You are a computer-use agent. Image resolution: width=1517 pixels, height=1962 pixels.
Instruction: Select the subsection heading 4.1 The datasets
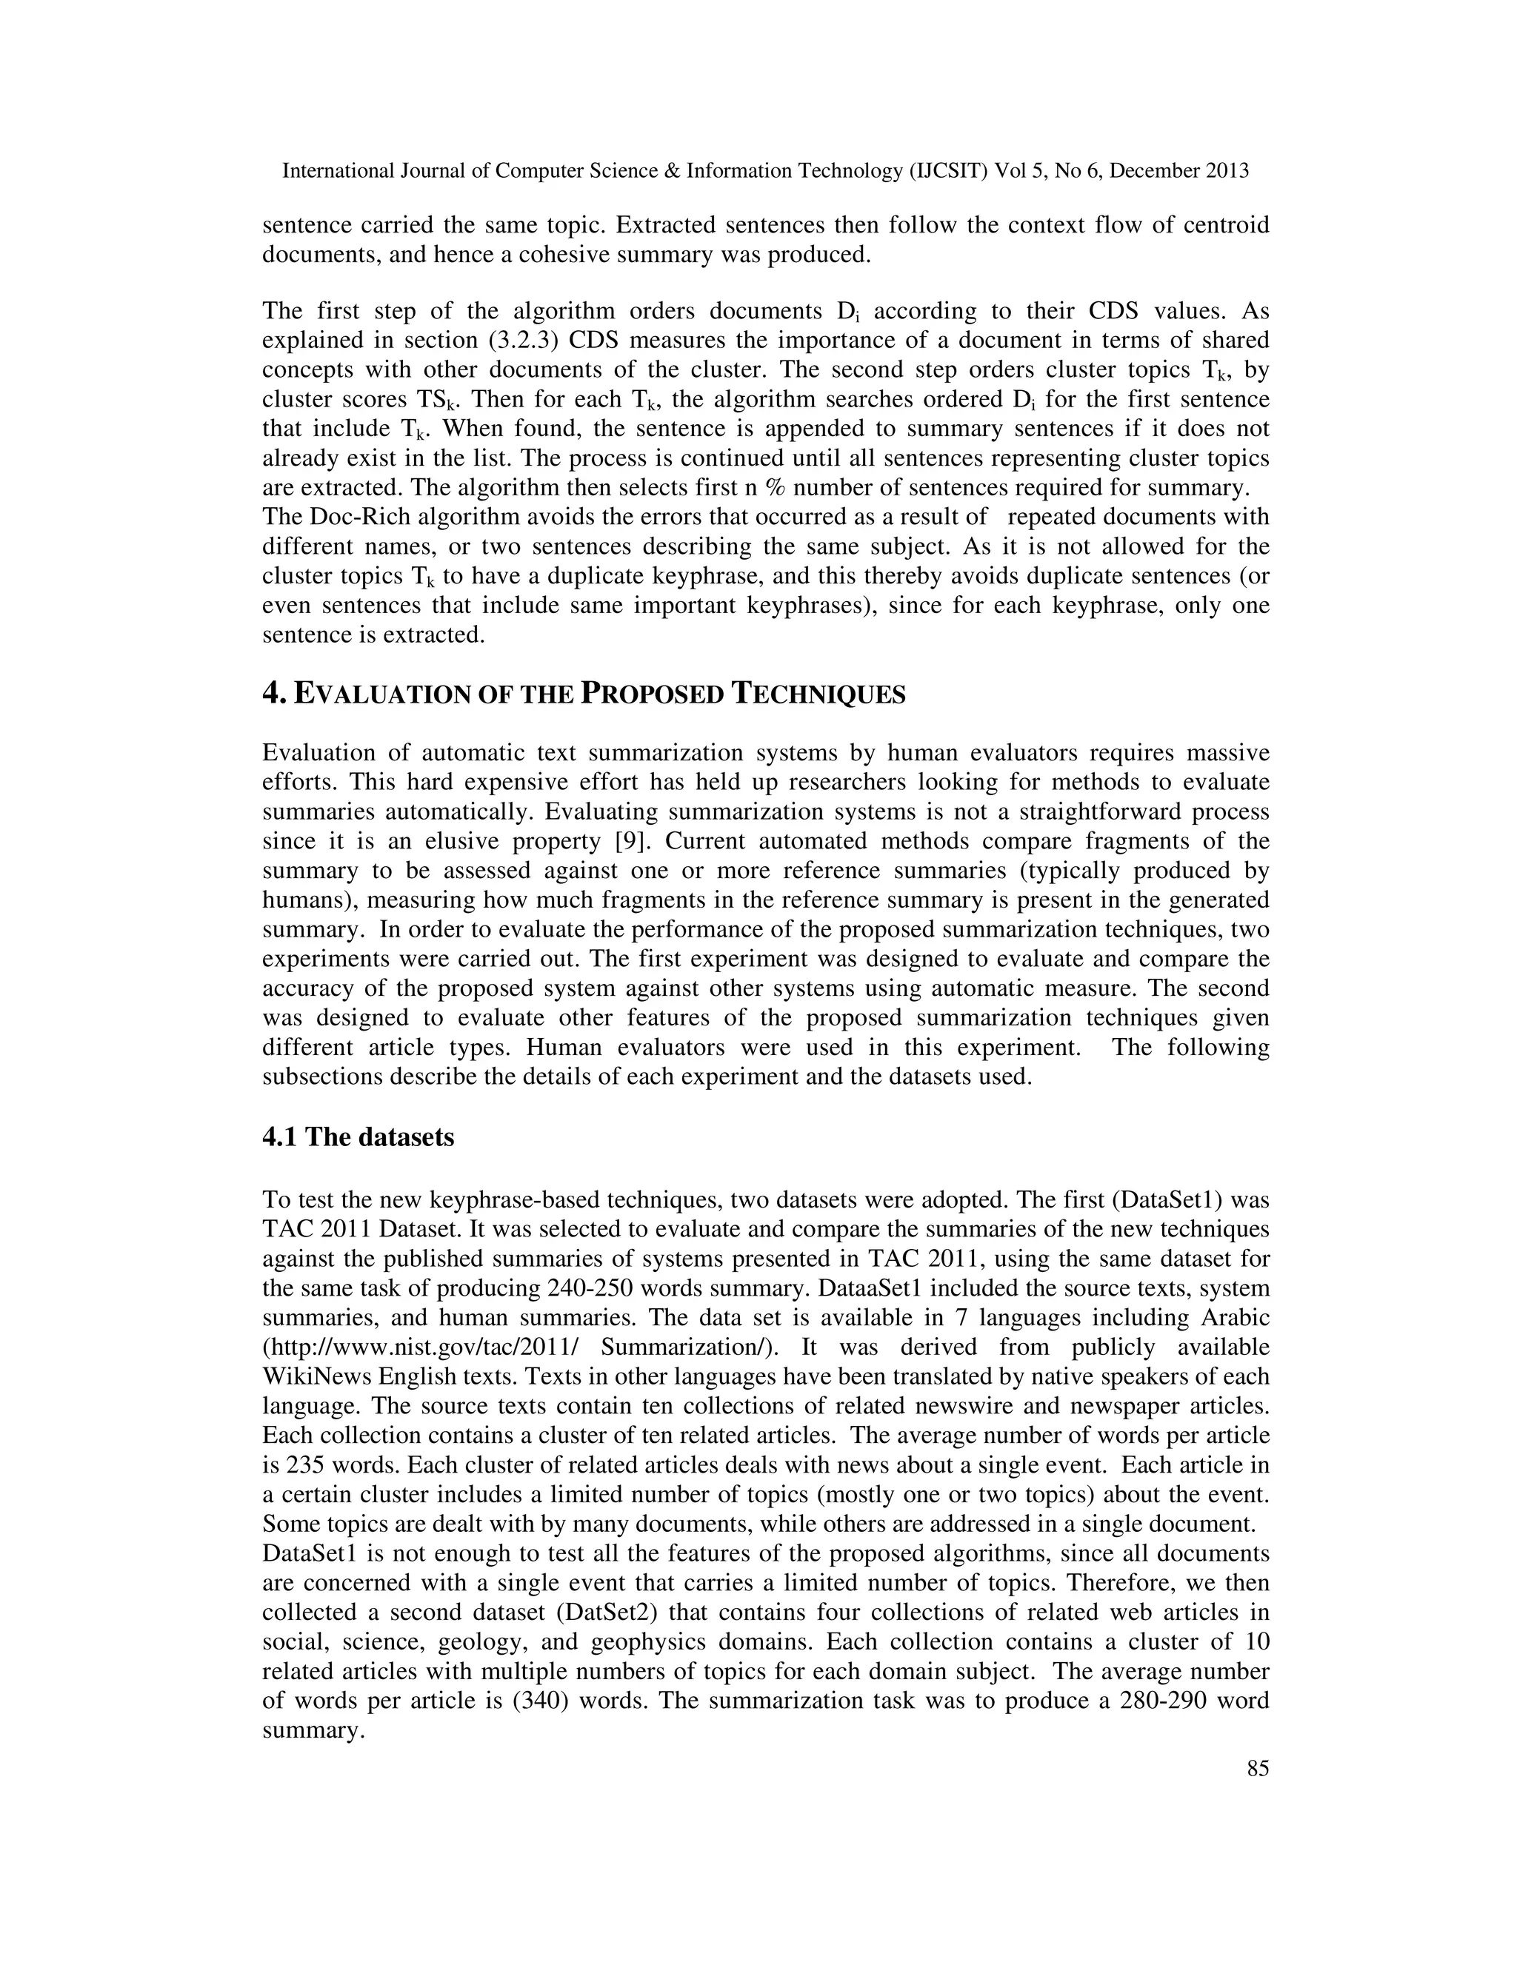358,1137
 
